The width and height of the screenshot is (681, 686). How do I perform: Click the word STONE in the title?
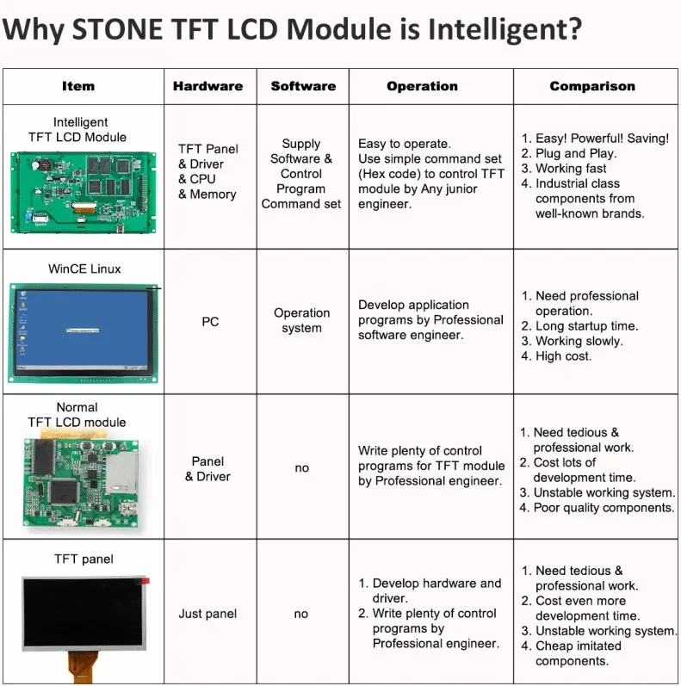coord(118,29)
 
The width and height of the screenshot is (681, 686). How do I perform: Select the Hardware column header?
coord(207,86)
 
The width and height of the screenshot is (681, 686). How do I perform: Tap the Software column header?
coord(303,86)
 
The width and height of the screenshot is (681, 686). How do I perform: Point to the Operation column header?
coord(423,86)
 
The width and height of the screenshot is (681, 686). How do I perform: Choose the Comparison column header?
coord(592,86)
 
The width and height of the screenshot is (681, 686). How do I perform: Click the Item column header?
coord(78,86)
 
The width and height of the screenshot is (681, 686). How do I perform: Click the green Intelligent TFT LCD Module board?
coord(84,193)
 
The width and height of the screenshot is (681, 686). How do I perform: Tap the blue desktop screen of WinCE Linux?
coord(83,328)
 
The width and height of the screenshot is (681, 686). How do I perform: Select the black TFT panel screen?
coord(84,613)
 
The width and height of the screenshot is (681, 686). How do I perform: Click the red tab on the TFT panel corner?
coord(145,581)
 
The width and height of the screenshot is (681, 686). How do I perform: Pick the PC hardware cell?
coord(210,322)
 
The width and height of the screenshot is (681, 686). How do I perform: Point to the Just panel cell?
coord(207,614)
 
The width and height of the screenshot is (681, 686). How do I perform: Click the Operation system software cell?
coord(301,320)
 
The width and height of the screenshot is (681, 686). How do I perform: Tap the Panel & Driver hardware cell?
coord(207,468)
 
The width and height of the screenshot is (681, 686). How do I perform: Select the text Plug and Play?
coord(576,153)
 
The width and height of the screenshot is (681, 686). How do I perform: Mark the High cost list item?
coord(563,356)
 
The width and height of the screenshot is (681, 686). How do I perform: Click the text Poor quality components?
coord(604,508)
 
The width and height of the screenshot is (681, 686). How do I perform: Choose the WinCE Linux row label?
coord(84,269)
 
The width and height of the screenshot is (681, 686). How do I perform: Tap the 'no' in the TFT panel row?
coord(301,614)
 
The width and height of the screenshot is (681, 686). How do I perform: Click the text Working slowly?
coord(579,341)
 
